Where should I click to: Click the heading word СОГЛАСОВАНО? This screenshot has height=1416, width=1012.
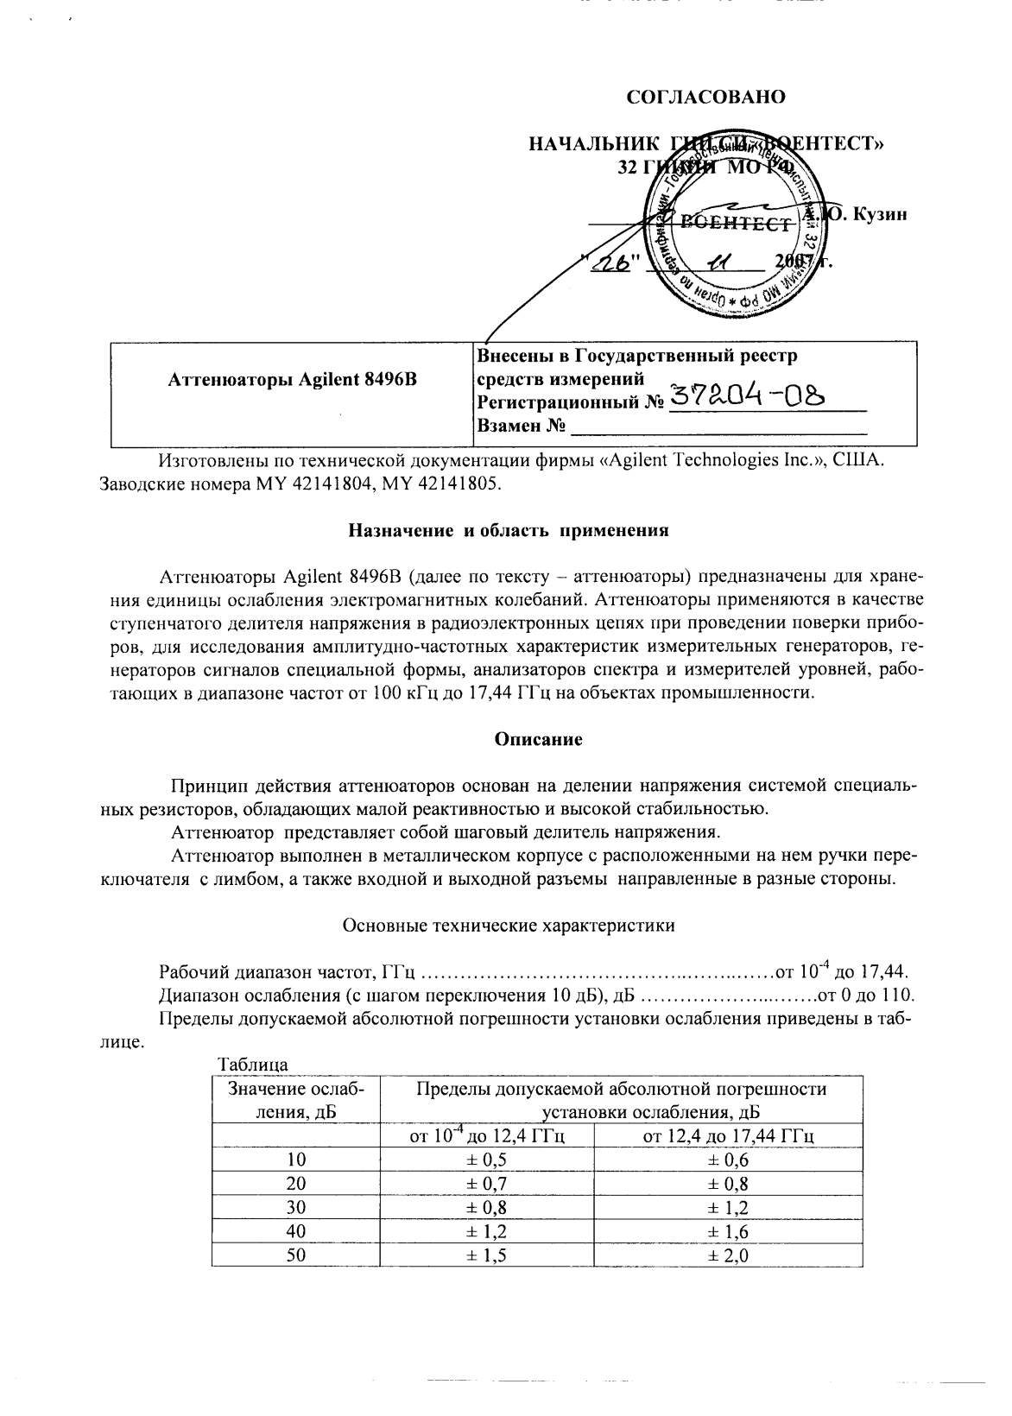pos(705,97)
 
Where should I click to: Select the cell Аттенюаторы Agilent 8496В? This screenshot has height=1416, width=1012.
pos(292,379)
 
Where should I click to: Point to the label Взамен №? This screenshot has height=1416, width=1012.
pos(521,426)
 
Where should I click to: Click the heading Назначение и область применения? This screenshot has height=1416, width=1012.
pos(508,530)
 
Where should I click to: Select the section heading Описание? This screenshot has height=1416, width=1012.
pos(538,739)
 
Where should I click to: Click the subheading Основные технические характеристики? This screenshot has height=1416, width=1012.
pos(509,926)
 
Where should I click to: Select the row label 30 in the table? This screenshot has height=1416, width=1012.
pos(296,1207)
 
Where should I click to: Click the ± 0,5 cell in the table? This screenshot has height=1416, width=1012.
pos(486,1160)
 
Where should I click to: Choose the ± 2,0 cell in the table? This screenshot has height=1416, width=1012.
pos(728,1255)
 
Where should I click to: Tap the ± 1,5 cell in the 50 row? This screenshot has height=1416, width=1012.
pos(486,1255)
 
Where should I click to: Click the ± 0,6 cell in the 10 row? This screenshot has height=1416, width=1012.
pos(728,1160)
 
